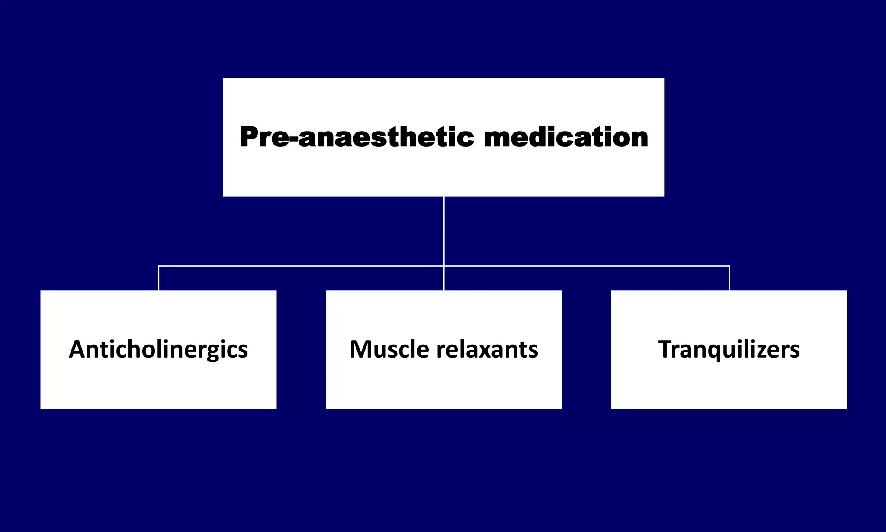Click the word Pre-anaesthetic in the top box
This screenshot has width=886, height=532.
click(x=356, y=137)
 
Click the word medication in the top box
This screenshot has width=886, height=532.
click(x=565, y=137)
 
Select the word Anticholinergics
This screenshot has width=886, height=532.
click(x=158, y=350)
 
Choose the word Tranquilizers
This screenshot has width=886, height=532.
click(x=729, y=349)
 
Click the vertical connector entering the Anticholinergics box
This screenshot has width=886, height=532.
click(x=159, y=278)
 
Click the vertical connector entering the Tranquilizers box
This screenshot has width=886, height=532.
click(x=729, y=278)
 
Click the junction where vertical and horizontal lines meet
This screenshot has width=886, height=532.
click(x=444, y=266)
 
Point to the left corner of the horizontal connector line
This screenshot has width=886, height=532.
click(x=159, y=266)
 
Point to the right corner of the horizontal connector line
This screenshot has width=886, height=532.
click(x=729, y=266)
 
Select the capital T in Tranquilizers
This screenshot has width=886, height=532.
click(x=666, y=349)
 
